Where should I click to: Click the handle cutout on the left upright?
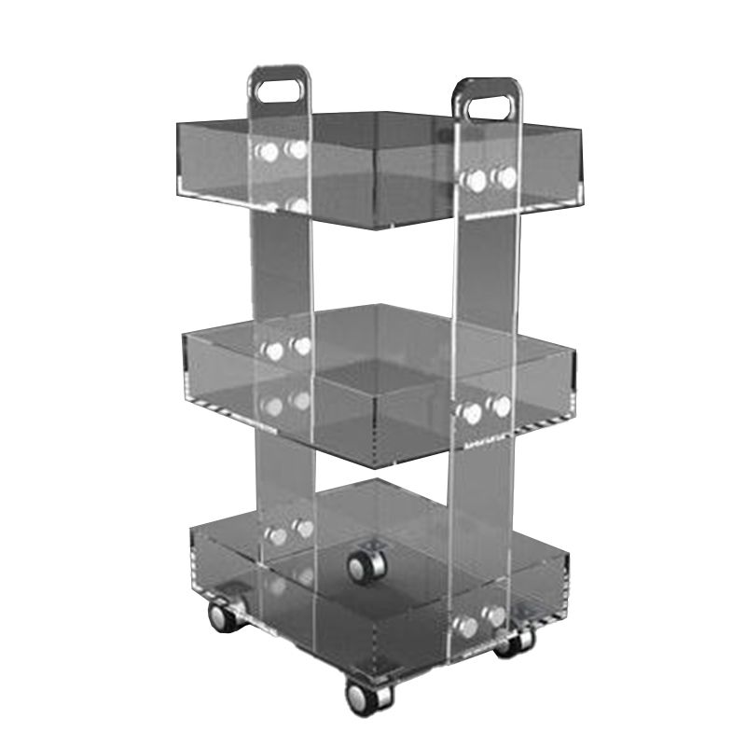coord(281,92)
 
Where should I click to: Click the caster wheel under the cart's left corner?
coord(223,616)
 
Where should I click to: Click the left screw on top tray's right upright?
coord(477,180)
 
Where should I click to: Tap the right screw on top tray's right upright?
coord(504,177)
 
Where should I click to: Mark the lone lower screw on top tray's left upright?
coord(297,204)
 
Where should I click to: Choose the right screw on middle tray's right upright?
coord(501,407)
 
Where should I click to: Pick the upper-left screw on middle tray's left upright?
coord(272,351)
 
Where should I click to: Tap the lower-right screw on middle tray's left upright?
coord(299,400)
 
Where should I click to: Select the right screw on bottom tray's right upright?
coord(495,617)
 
